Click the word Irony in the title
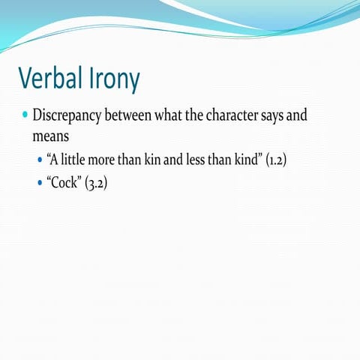[112, 78]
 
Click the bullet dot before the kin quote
[40, 160]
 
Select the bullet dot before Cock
[40, 182]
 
